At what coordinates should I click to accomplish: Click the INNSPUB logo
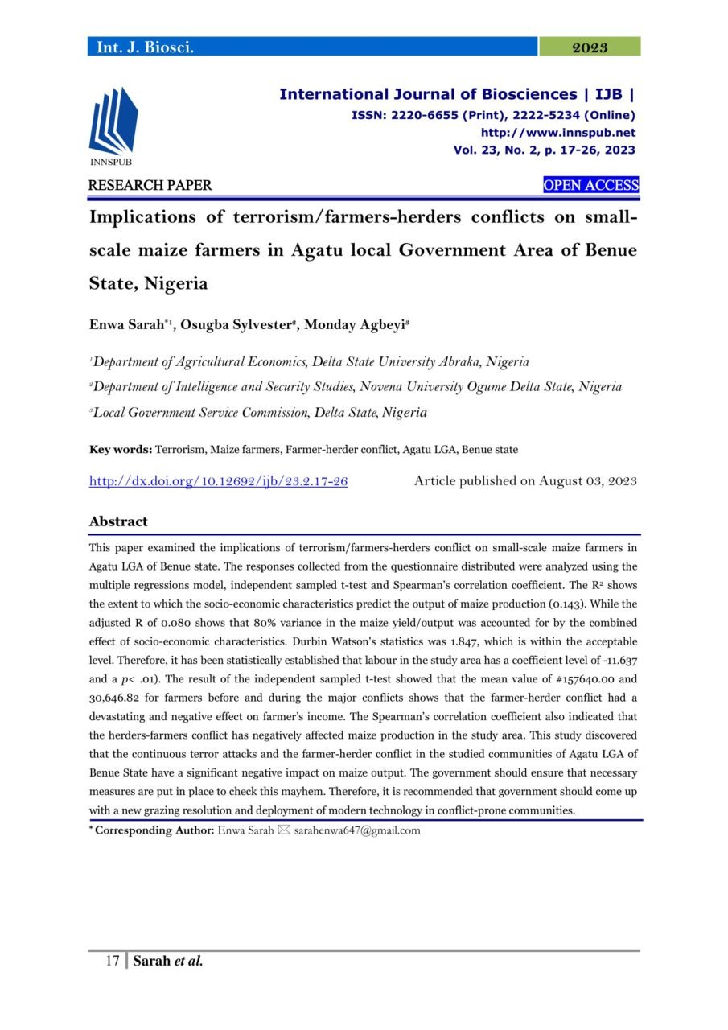tap(113, 125)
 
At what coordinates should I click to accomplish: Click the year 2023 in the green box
tap(589, 47)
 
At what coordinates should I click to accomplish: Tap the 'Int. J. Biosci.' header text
tap(145, 47)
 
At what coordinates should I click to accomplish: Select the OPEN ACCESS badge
tap(590, 186)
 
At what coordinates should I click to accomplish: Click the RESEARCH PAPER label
tap(150, 186)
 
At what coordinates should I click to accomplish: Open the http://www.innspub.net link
tap(557, 133)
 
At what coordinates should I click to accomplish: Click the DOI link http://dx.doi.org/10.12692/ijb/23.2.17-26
tap(218, 481)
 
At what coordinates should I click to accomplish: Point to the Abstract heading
tap(118, 521)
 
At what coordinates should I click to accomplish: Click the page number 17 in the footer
tap(113, 961)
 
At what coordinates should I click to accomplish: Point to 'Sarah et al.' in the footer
tap(167, 961)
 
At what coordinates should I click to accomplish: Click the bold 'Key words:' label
tap(121, 450)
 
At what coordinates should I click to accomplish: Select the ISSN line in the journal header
tap(493, 115)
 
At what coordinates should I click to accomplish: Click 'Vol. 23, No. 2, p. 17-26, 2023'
tap(544, 150)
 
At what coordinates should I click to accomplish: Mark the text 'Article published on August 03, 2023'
tap(525, 481)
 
